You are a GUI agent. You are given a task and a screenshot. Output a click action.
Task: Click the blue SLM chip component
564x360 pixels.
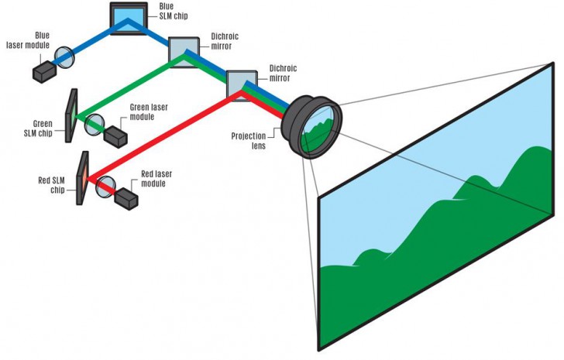127,17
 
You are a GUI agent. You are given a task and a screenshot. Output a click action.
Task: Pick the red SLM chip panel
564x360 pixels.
81,178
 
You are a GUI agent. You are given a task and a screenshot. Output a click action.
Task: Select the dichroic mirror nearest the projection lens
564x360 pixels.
239,83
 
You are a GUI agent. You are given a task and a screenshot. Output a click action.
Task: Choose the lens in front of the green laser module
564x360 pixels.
97,124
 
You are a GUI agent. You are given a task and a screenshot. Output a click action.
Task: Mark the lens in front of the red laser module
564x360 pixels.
106,184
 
